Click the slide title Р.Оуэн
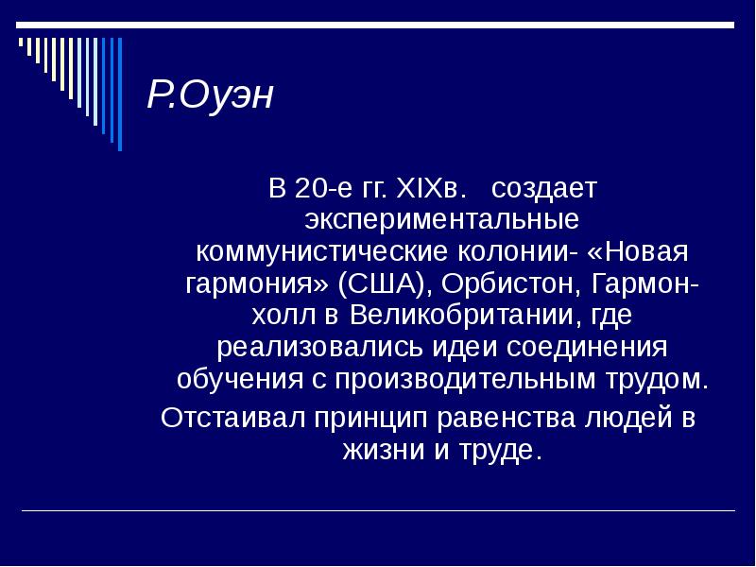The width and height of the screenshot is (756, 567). tap(209, 95)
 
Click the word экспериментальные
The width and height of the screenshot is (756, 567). tap(441, 221)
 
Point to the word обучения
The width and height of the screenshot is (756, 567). tap(232, 380)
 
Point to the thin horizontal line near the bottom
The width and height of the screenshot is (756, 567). tap(378, 511)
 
